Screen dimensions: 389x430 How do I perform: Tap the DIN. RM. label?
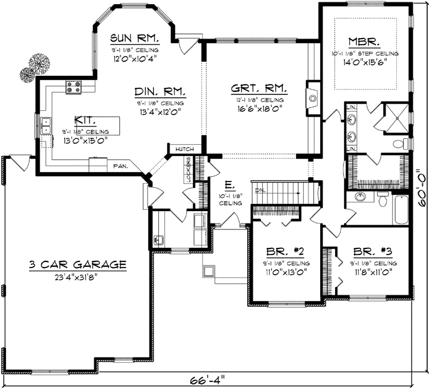pyautogui.click(x=160, y=91)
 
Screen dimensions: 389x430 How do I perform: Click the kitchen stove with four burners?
pyautogui.click(x=74, y=88)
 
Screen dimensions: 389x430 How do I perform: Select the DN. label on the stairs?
pyautogui.click(x=259, y=190)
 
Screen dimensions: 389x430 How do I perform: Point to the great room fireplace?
pyautogui.click(x=312, y=97)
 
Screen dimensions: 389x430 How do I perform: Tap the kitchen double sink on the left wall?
pyautogui.click(x=46, y=126)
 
